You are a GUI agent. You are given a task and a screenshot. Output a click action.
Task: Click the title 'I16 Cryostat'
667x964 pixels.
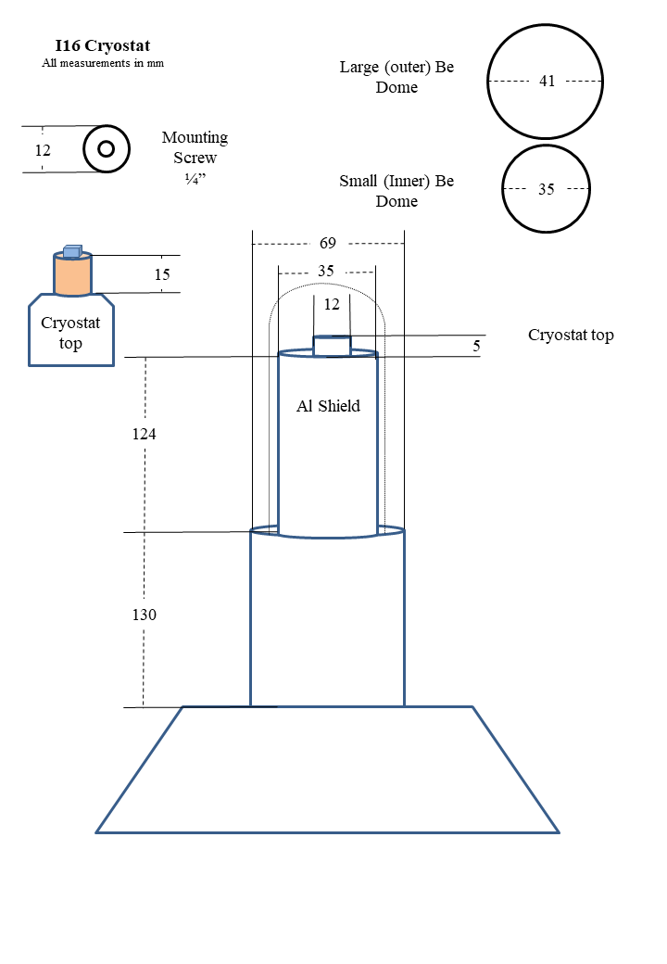102,45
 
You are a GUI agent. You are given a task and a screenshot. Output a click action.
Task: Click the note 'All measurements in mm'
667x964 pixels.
102,63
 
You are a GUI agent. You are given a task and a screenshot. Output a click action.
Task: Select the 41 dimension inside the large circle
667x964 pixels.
547,82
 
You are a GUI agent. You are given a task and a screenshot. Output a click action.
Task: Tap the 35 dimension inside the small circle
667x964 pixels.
547,189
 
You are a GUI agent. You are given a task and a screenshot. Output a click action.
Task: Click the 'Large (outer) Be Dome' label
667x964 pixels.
396,77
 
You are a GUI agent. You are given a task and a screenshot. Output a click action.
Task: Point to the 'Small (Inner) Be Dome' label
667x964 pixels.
396,191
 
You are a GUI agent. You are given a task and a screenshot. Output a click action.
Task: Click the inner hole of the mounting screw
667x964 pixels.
106,148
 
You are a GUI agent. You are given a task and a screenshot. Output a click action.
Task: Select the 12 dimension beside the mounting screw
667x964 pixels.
43,149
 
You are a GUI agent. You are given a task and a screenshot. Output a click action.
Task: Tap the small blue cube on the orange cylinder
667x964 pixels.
72,251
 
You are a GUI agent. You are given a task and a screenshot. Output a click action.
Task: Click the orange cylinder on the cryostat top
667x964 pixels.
72,275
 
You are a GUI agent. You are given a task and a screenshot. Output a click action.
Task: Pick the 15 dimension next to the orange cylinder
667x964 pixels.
162,274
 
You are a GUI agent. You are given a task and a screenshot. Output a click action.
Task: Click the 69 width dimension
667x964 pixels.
328,244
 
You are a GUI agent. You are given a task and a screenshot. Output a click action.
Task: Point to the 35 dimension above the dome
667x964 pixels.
326,272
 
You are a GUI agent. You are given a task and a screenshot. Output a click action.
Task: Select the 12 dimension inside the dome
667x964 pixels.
332,303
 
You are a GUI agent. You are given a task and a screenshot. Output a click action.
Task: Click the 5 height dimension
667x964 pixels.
476,346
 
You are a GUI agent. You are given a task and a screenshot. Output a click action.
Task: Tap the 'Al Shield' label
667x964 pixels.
328,406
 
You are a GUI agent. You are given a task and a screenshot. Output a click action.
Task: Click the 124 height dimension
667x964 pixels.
144,434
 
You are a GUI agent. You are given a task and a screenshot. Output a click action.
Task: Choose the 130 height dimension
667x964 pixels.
144,615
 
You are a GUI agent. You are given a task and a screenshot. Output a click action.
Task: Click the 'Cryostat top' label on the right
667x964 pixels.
571,335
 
